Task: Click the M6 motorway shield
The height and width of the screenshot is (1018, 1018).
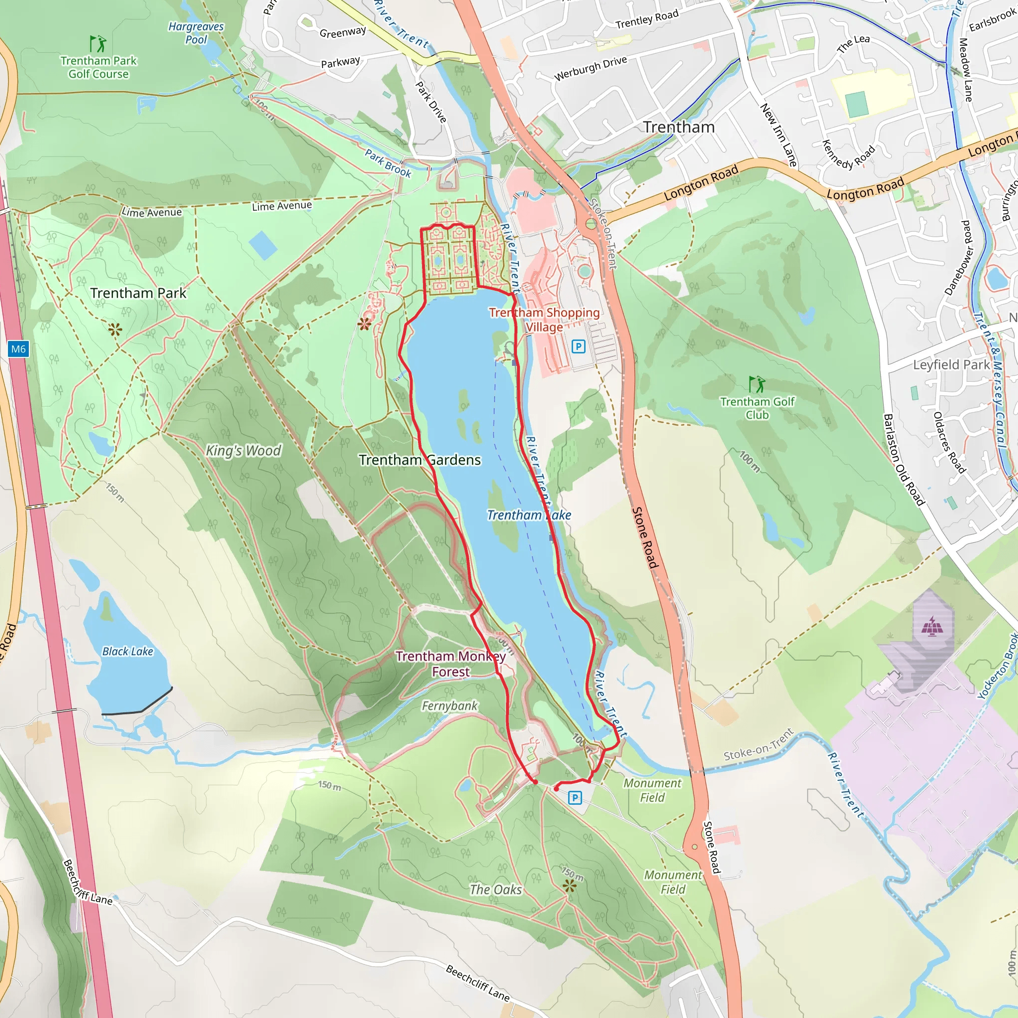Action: pyautogui.click(x=18, y=349)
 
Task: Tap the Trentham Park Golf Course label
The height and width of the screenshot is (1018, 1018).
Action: pyautogui.click(x=98, y=68)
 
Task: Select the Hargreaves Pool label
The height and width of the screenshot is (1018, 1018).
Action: pyautogui.click(x=196, y=33)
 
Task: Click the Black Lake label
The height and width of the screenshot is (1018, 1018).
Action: pyautogui.click(x=128, y=651)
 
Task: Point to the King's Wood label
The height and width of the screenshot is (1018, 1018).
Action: pyautogui.click(x=244, y=450)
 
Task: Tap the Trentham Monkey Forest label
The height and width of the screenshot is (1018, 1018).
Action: pyautogui.click(x=450, y=664)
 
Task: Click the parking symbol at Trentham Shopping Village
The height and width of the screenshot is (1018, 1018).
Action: pyautogui.click(x=578, y=346)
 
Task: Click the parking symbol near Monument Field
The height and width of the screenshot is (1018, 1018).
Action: pyautogui.click(x=575, y=798)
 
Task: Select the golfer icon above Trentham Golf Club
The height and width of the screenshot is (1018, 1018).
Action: pyautogui.click(x=757, y=384)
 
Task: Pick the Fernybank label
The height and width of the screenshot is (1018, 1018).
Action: pyautogui.click(x=449, y=705)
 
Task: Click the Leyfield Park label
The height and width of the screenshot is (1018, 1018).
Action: pyautogui.click(x=951, y=365)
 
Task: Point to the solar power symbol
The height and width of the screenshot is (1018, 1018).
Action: pyautogui.click(x=932, y=626)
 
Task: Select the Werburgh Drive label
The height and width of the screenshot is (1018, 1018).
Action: pyautogui.click(x=590, y=68)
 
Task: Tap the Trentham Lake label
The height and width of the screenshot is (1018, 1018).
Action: pyautogui.click(x=528, y=515)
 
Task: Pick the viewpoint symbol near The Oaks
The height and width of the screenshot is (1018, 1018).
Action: pyautogui.click(x=570, y=885)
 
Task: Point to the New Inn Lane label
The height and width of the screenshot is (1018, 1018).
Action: pyautogui.click(x=778, y=134)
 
